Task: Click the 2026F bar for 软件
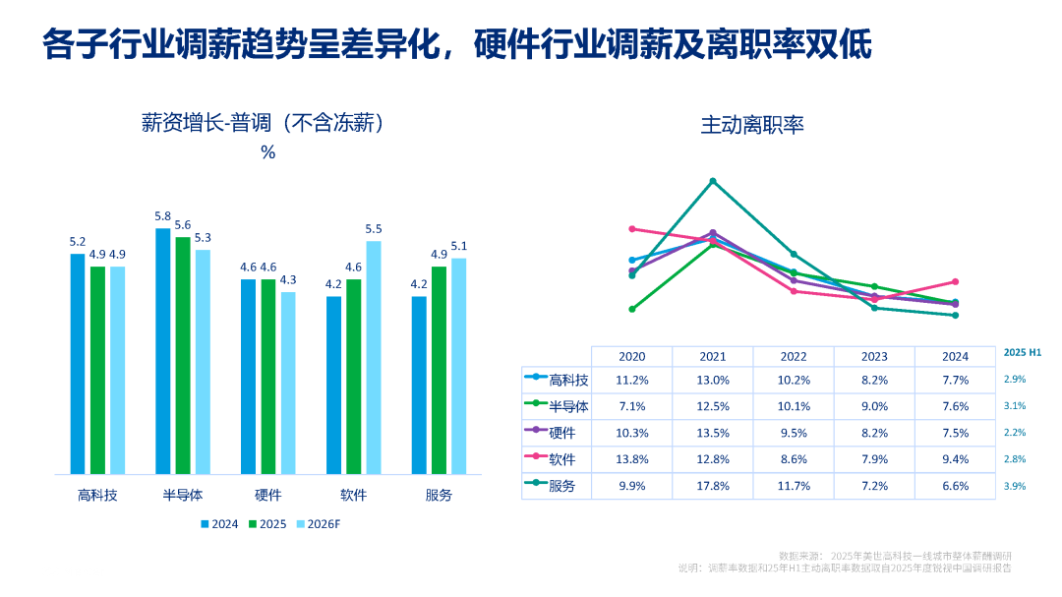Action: (x=374, y=358)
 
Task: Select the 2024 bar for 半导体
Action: (x=162, y=351)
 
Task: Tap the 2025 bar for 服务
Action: (x=439, y=371)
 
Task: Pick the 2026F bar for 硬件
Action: (x=288, y=384)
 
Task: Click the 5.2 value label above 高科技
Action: (x=78, y=242)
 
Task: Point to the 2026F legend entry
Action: (x=319, y=524)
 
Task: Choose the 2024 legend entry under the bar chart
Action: (x=219, y=524)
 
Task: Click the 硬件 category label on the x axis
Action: (x=268, y=496)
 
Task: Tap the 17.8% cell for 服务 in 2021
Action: (x=713, y=486)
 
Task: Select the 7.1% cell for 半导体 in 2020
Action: (x=632, y=406)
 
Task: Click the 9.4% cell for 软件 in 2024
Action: (x=956, y=459)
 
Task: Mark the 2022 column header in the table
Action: (x=794, y=356)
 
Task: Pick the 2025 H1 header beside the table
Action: (x=1022, y=352)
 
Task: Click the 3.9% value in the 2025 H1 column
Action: (x=1015, y=486)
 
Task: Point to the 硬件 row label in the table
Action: (x=562, y=433)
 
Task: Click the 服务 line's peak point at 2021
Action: (x=713, y=181)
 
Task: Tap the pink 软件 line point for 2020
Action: (x=632, y=229)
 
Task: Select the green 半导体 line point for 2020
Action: (x=632, y=309)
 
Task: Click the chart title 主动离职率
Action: (x=752, y=125)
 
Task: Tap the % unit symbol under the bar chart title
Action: (x=268, y=152)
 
